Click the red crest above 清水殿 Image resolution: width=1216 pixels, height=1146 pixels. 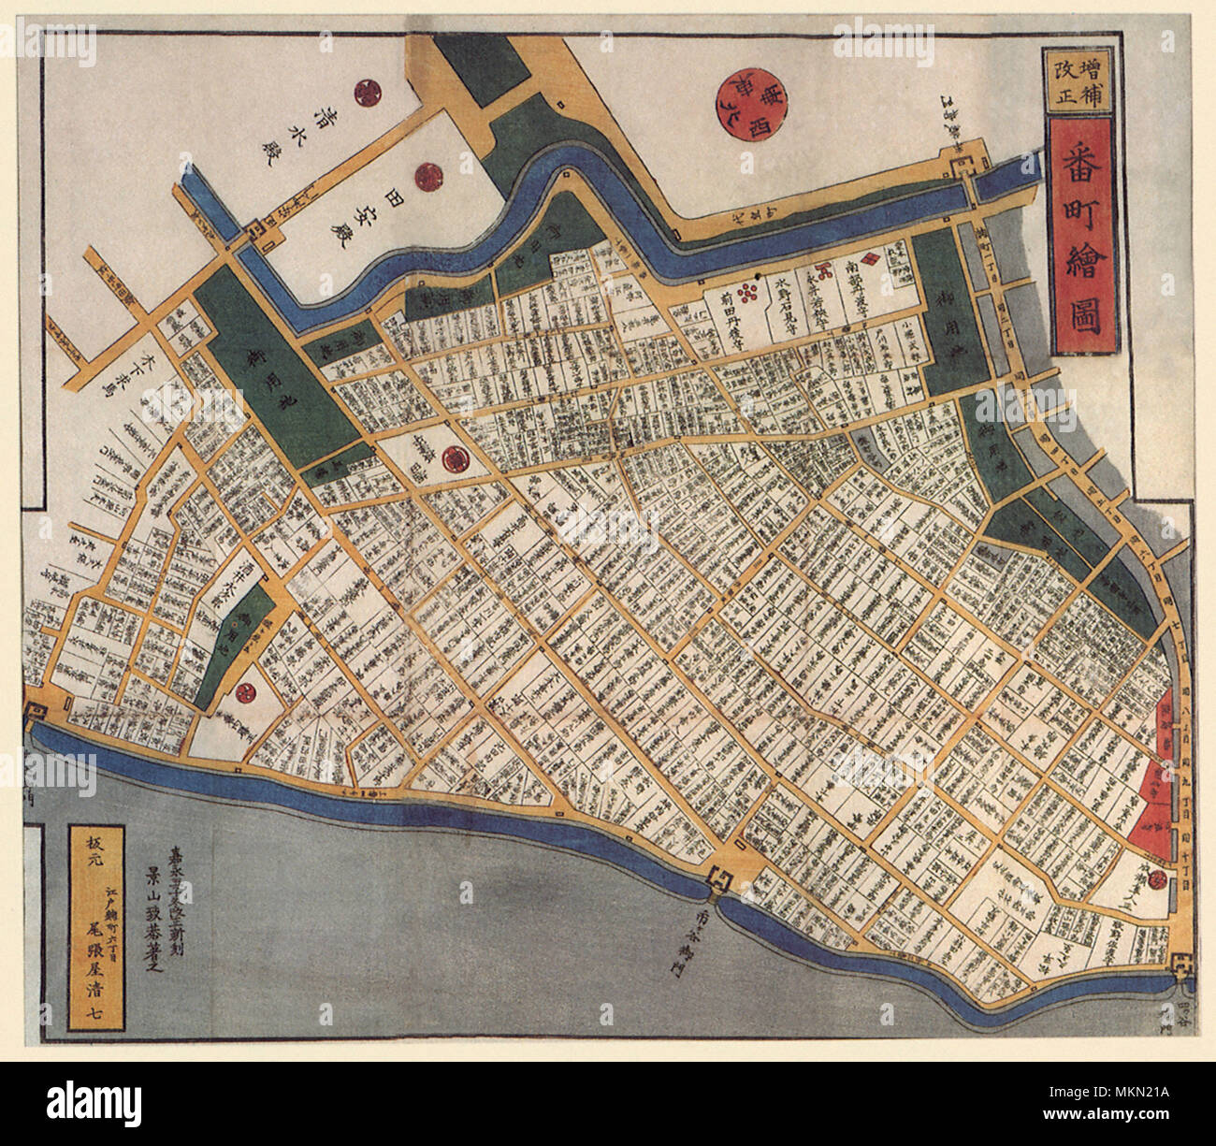click(365, 92)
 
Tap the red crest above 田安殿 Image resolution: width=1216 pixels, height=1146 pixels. click(429, 174)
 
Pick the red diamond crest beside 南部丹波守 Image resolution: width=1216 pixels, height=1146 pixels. click(868, 258)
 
